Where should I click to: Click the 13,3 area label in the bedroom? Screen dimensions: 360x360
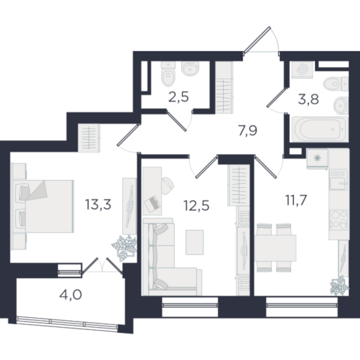point(98,204)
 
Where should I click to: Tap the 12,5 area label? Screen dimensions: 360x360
point(196,205)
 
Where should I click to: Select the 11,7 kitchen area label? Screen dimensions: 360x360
point(296,200)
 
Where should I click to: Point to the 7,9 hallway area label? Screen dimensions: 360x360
point(247,131)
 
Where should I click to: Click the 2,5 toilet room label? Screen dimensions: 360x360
point(179,97)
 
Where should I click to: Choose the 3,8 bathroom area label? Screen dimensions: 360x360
point(308,100)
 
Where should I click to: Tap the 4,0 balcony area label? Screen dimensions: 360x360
point(70,294)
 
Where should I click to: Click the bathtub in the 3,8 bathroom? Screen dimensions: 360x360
point(320,129)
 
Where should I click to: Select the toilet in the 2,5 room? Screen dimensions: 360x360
point(168,74)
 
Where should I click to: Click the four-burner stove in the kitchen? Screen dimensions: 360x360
point(338,220)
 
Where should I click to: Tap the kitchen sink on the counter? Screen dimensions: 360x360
point(338,180)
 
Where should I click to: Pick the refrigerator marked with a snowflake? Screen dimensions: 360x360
point(317,158)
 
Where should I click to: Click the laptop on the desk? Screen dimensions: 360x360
point(152,204)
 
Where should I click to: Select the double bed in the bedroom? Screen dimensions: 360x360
point(43,206)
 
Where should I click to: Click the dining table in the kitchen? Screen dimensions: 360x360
point(275,248)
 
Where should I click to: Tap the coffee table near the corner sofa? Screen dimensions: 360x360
point(195,242)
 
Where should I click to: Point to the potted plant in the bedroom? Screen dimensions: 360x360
point(124,247)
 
